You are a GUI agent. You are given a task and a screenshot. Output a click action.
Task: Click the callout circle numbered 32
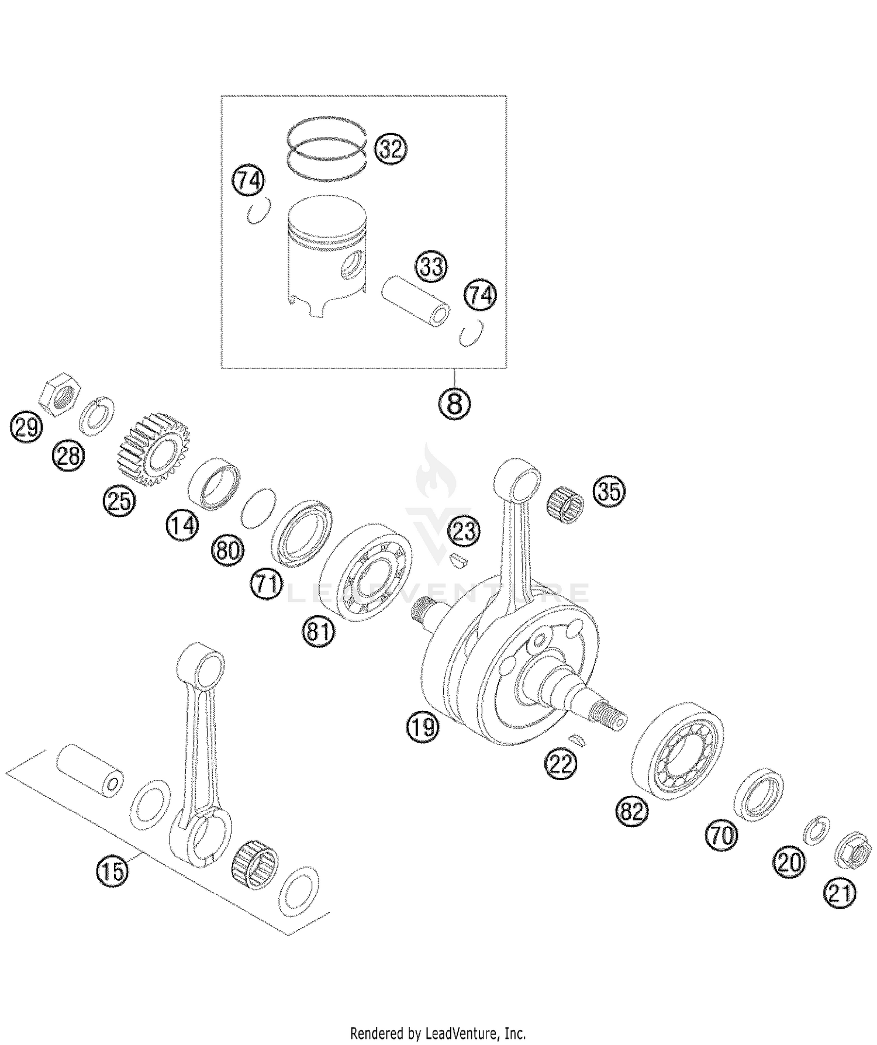click(x=391, y=149)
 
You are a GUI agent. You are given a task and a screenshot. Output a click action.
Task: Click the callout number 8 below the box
click(x=455, y=403)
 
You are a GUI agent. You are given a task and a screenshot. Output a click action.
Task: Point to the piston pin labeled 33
click(x=416, y=301)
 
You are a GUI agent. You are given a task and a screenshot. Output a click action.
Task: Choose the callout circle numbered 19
click(x=423, y=727)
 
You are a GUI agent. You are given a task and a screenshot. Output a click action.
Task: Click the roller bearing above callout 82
click(x=678, y=750)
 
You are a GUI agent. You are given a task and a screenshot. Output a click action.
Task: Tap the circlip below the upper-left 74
click(x=258, y=211)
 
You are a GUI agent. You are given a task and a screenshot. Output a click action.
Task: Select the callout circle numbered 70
click(x=721, y=835)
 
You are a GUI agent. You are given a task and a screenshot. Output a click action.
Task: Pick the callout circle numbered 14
click(x=182, y=525)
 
